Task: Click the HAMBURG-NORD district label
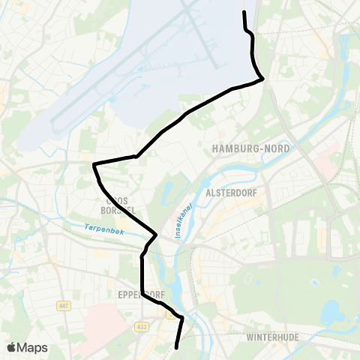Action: click(251, 148)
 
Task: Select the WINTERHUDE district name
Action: click(273, 337)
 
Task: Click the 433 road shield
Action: click(142, 326)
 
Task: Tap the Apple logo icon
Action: click(11, 347)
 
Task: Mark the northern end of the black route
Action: click(244, 12)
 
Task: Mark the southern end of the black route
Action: click(176, 347)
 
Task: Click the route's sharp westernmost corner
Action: click(94, 163)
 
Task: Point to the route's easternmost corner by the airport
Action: click(262, 79)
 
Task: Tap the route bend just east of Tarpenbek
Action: click(156, 235)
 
